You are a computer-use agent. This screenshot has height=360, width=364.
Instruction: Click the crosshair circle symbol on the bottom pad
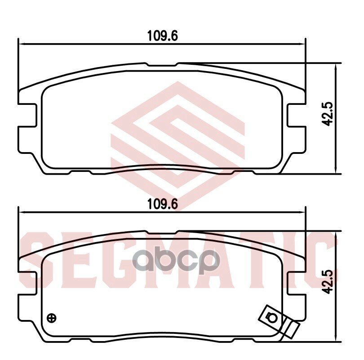(52, 317)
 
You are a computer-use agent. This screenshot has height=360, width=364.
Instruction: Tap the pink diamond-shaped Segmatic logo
(178, 135)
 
